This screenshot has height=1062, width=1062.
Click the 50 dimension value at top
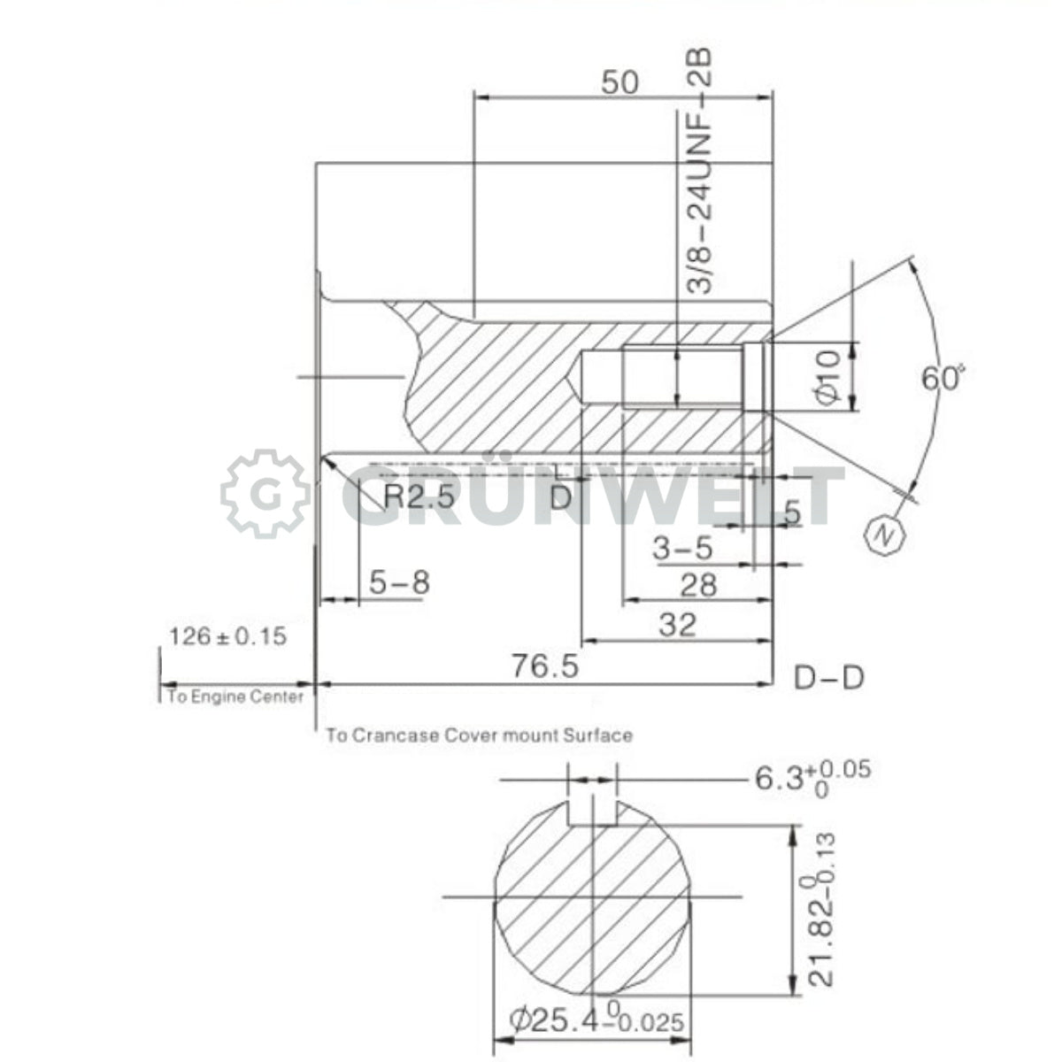click(x=619, y=82)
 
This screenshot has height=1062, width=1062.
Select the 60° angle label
click(x=941, y=379)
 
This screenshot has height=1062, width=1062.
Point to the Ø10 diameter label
click(x=827, y=377)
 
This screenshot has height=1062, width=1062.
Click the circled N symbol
click(x=883, y=534)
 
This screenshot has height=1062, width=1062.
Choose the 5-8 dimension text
click(x=399, y=582)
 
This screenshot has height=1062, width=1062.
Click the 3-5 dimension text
click(x=682, y=549)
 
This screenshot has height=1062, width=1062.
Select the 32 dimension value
click(x=679, y=625)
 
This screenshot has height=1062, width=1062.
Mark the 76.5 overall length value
click(x=546, y=665)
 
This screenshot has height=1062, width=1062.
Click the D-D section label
click(x=828, y=678)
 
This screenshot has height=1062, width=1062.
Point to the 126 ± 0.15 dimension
click(x=228, y=635)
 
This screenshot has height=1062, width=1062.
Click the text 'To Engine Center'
click(x=235, y=696)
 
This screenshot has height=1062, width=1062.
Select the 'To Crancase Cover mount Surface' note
click(x=479, y=735)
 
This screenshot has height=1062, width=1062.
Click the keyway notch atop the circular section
click(x=591, y=812)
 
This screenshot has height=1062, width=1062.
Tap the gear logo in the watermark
click(x=265, y=494)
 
